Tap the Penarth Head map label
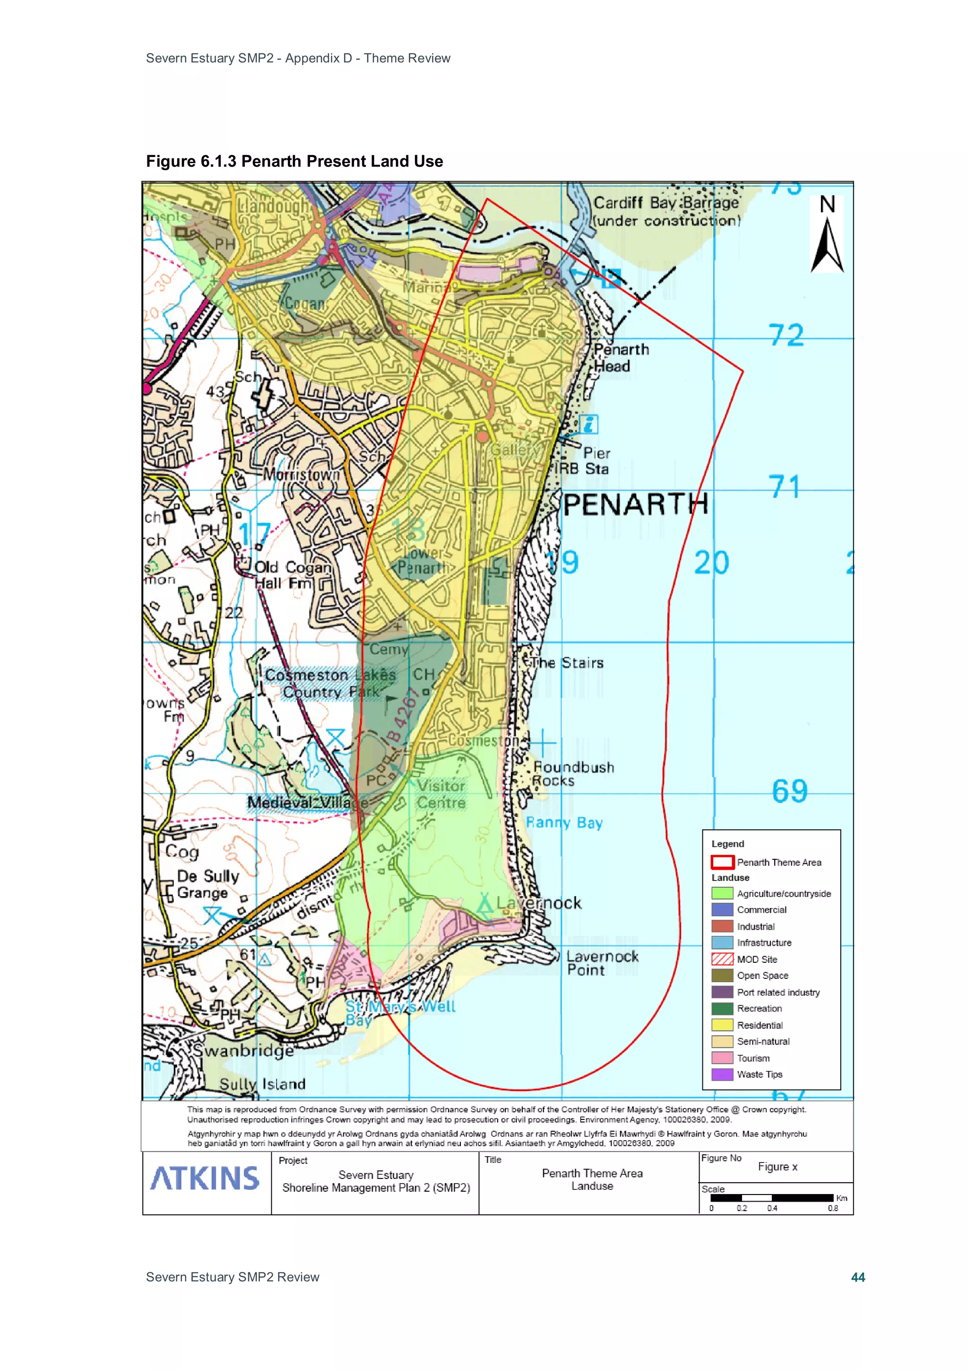(620, 358)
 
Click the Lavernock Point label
(601, 963)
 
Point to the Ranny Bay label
(563, 823)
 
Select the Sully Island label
(262, 1084)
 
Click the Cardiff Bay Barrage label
(665, 211)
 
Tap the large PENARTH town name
(635, 505)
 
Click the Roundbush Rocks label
(572, 774)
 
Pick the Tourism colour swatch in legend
(722, 1058)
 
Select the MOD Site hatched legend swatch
(722, 959)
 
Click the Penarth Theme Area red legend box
(722, 862)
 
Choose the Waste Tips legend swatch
(722, 1074)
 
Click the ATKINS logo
(205, 1178)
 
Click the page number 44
(858, 1277)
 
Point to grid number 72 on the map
(786, 335)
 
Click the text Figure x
(777, 1167)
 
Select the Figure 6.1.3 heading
(294, 161)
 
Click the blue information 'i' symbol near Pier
(588, 424)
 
